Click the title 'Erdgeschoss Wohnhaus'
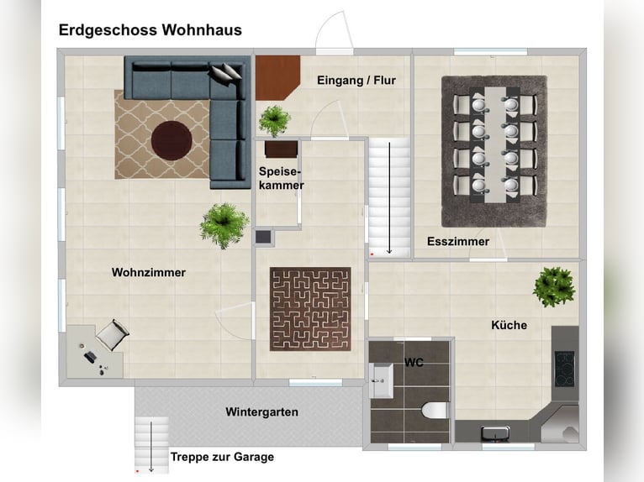(150, 30)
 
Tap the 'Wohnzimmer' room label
(149, 272)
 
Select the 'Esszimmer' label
(458, 241)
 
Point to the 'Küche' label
(509, 325)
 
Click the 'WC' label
(414, 363)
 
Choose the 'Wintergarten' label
(262, 411)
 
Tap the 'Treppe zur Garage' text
(222, 457)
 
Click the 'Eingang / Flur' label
(356, 81)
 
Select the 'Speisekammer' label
(282, 179)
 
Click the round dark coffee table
(172, 140)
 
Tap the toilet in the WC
(435, 411)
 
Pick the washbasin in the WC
(381, 380)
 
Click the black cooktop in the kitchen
(564, 369)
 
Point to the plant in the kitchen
(554, 286)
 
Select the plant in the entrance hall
(274, 121)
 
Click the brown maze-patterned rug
(310, 309)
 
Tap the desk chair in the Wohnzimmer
(113, 335)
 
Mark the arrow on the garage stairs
(151, 446)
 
